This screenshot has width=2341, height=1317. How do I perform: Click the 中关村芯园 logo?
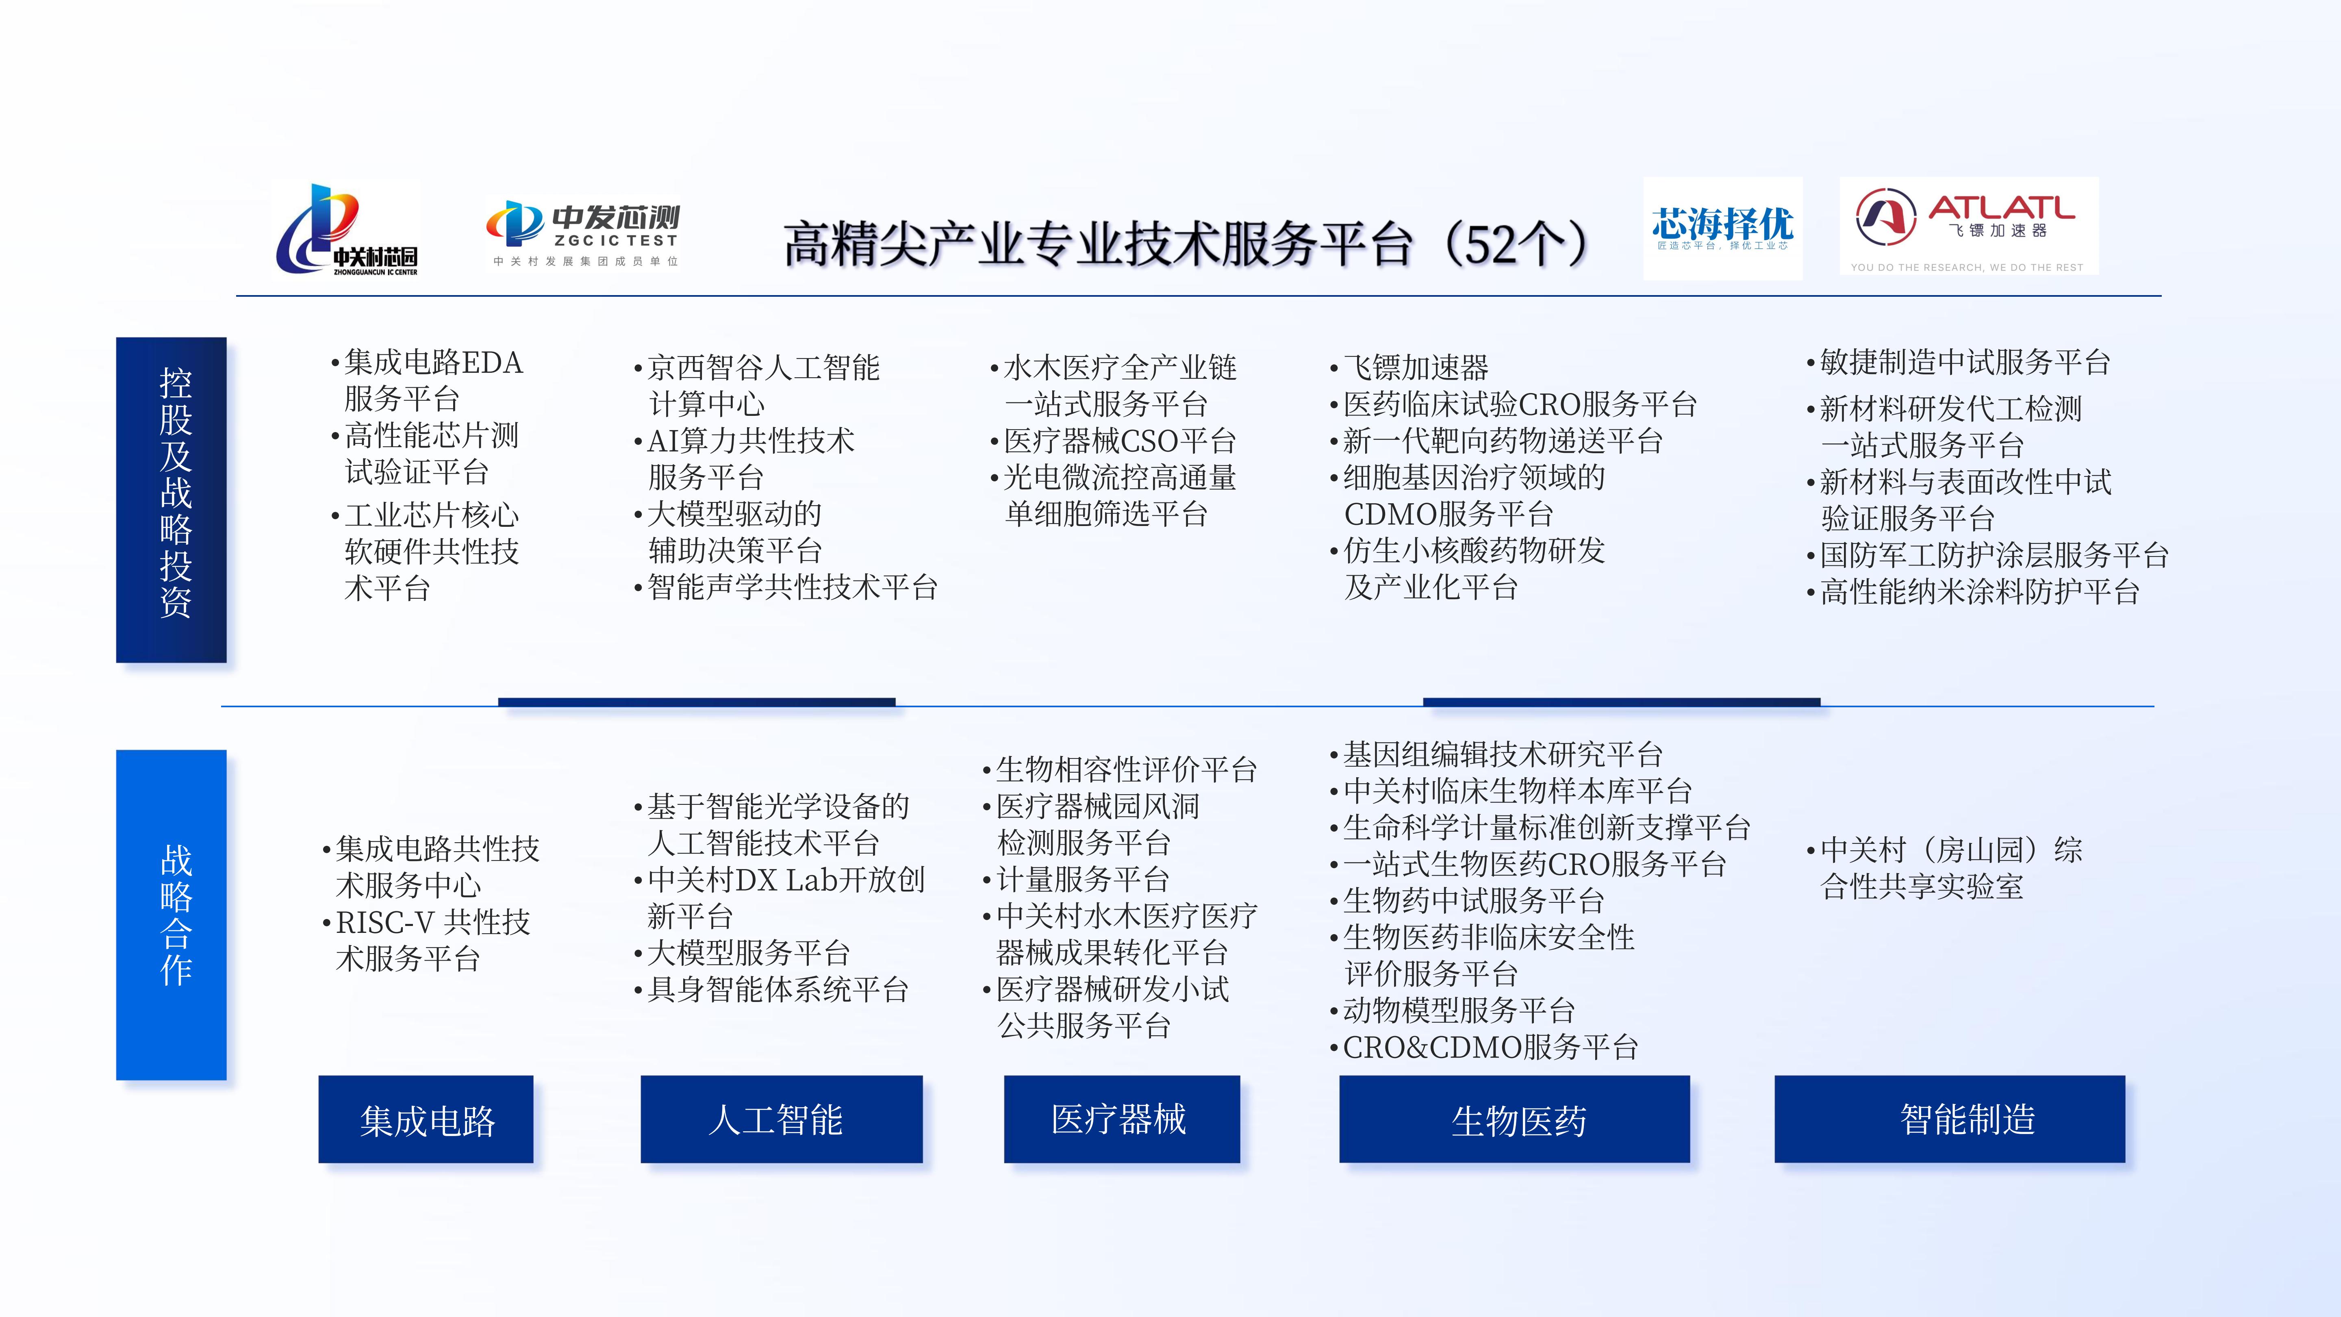[347, 229]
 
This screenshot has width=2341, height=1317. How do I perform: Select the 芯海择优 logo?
[1722, 228]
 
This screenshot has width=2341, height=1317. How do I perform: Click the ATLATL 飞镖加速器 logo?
[1968, 226]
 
